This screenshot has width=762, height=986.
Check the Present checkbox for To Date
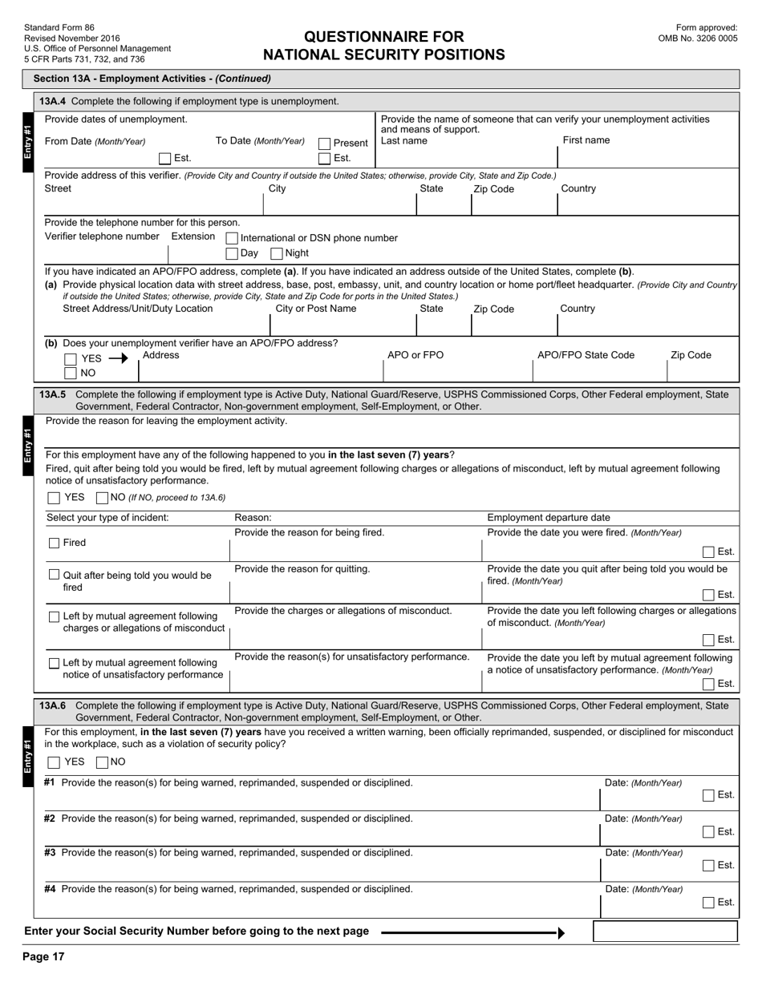[x=325, y=143]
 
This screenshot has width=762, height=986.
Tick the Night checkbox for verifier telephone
[x=276, y=253]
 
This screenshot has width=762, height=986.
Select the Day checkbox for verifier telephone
[x=232, y=253]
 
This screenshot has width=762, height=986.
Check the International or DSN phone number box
[x=232, y=238]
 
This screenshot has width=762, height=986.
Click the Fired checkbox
[x=55, y=544]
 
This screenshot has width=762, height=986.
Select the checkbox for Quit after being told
[x=55, y=575]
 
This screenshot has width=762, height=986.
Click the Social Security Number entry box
[x=664, y=931]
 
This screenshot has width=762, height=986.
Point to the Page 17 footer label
[x=43, y=956]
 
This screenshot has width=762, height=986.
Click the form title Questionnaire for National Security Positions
[x=383, y=46]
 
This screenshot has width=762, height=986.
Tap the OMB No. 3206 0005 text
[x=697, y=38]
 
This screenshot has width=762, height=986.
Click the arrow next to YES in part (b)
[x=118, y=359]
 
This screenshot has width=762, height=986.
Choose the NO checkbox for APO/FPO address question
[x=71, y=374]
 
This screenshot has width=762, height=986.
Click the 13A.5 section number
[x=53, y=394]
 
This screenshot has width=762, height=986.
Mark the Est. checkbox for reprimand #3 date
[x=708, y=866]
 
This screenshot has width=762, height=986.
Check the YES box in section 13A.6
[x=54, y=762]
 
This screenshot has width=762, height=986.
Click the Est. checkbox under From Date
[x=164, y=159]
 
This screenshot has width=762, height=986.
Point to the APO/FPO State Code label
[x=586, y=355]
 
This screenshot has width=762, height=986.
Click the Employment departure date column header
[x=548, y=518]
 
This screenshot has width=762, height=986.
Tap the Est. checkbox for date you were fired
[x=708, y=552]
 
